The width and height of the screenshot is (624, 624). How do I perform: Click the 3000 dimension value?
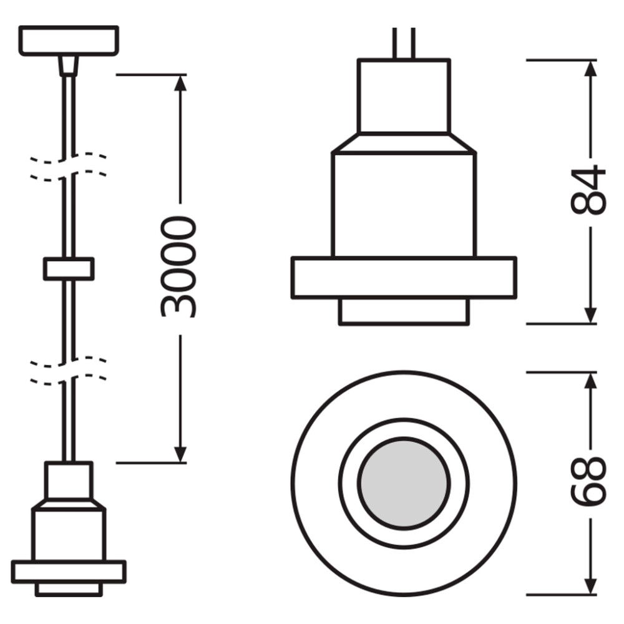tap(179, 267)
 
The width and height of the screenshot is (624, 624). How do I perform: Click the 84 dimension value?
tap(588, 190)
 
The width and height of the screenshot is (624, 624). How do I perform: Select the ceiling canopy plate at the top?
tap(69, 41)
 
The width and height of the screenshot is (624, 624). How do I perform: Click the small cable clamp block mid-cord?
tap(69, 268)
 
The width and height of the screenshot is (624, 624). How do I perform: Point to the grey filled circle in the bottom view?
tap(404, 482)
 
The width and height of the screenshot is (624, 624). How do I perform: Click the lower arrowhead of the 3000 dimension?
tap(180, 454)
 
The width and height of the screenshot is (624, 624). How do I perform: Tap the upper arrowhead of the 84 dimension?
tap(590, 69)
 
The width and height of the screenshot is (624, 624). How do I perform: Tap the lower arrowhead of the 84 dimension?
tap(590, 316)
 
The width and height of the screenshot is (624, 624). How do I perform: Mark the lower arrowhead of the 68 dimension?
tap(590, 585)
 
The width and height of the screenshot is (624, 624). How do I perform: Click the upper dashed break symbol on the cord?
tap(69, 166)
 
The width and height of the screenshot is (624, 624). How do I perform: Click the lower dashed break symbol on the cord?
tap(69, 369)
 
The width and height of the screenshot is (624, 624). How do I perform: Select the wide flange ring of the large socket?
tap(404, 277)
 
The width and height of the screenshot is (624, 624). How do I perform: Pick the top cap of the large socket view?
tap(404, 96)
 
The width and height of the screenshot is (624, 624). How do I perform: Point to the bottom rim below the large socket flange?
tap(404, 312)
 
